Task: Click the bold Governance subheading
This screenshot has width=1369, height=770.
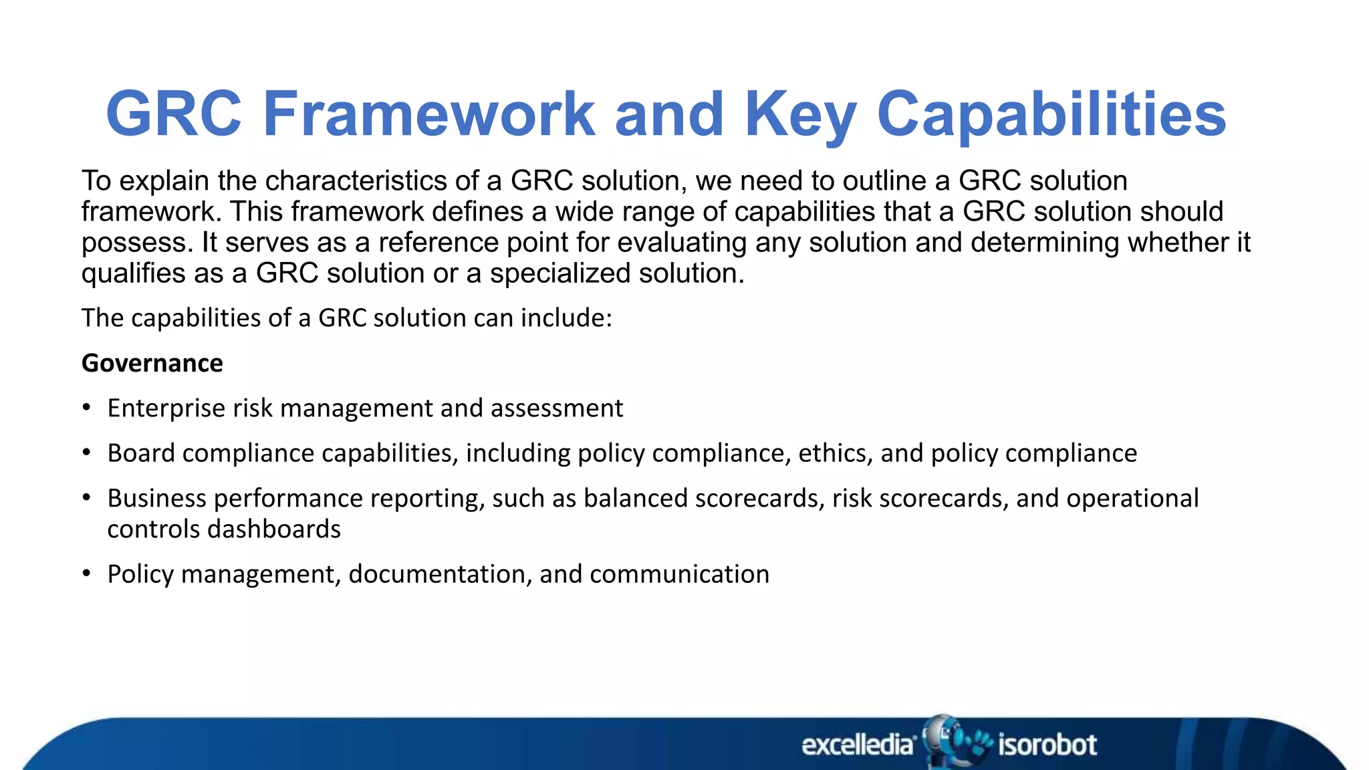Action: point(152,363)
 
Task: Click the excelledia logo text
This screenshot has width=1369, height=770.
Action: point(858,745)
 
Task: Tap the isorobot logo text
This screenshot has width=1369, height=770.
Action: point(1047,745)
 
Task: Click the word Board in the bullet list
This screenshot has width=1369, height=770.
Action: point(141,453)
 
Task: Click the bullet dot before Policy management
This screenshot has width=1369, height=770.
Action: point(86,573)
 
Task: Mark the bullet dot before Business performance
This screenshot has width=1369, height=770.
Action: point(86,498)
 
